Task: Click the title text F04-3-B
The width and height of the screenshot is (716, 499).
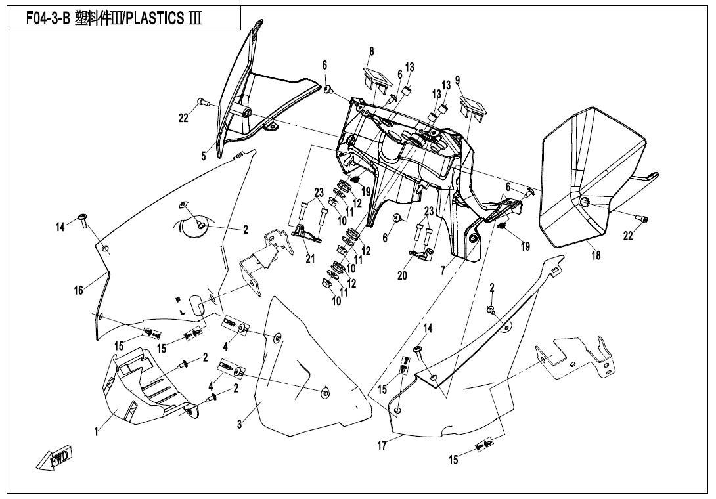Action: [48, 18]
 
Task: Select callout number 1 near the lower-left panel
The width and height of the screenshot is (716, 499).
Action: [96, 431]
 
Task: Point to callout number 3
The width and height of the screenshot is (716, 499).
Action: [240, 425]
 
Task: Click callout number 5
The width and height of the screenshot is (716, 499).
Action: [204, 156]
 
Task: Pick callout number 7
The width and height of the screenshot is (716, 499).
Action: [443, 270]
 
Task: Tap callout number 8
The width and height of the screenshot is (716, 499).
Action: [371, 51]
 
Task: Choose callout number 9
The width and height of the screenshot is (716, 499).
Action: [457, 80]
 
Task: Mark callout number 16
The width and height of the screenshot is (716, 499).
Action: [79, 290]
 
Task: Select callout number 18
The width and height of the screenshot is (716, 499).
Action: [596, 255]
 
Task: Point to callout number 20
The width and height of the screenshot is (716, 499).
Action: [402, 276]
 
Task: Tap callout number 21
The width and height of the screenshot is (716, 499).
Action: [310, 259]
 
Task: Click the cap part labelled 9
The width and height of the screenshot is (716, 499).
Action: [472, 105]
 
